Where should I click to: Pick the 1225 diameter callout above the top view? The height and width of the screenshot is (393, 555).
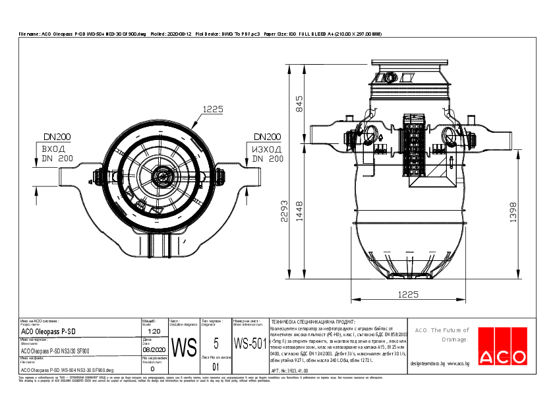click(213, 109)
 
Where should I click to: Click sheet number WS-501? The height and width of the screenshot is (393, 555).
click(250, 343)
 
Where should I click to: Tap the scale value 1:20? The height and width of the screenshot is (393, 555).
click(153, 332)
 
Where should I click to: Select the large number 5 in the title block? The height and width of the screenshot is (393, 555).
click(216, 342)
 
